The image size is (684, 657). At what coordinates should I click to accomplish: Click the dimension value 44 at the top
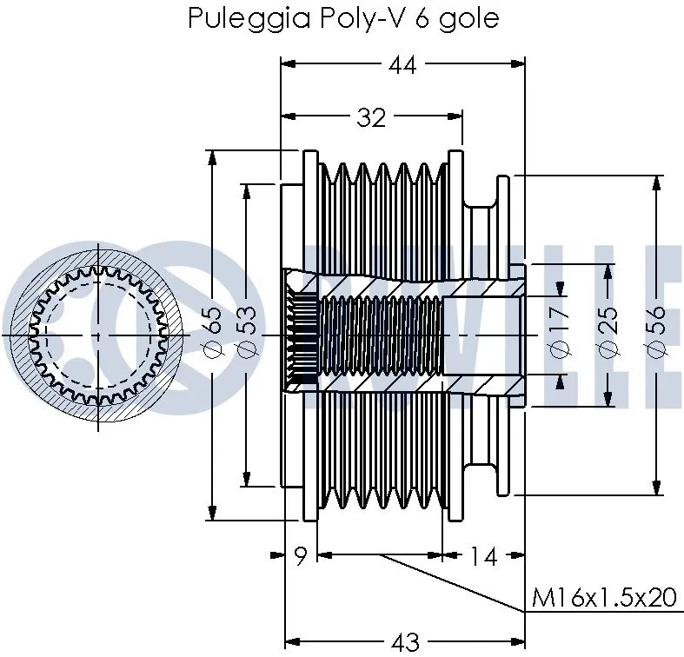[x=402, y=65]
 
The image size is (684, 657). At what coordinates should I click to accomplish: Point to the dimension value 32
[x=371, y=117]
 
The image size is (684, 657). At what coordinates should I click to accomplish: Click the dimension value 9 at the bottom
[x=301, y=556]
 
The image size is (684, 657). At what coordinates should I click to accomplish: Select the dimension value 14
[x=483, y=556]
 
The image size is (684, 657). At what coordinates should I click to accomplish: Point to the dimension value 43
[x=405, y=642]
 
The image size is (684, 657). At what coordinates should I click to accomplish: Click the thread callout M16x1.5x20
[x=603, y=598]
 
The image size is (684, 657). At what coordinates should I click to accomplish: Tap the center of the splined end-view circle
[x=97, y=335]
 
